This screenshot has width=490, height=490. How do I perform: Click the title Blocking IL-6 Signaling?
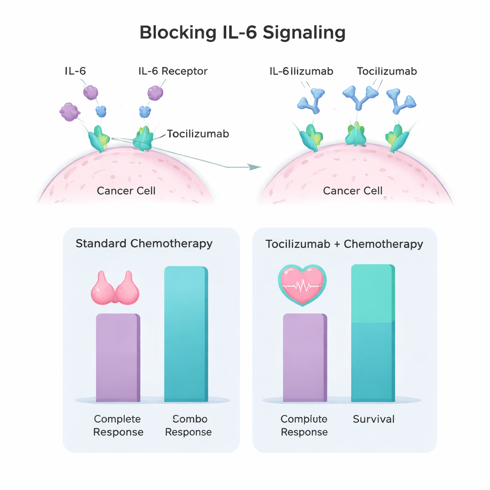242,33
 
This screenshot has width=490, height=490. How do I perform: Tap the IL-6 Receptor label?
173,71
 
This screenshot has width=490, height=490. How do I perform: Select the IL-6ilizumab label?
301,71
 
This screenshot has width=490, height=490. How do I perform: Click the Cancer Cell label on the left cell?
126,191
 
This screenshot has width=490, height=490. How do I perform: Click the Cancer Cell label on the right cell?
353,191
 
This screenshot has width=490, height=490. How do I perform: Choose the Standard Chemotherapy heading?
144,243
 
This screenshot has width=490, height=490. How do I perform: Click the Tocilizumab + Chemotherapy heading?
344,244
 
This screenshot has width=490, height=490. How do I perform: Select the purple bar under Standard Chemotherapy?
118,357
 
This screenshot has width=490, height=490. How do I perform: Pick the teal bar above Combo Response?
186,334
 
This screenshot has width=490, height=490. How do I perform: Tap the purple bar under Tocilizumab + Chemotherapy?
305,357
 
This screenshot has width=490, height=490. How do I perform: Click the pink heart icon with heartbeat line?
302,286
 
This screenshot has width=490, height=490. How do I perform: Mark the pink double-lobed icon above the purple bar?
115,288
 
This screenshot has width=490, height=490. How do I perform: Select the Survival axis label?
374,419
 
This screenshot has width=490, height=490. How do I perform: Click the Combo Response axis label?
188,425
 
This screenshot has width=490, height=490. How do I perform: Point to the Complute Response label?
304,425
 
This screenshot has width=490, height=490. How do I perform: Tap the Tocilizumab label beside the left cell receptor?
198,134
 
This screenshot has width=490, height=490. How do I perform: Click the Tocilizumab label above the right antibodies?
387,71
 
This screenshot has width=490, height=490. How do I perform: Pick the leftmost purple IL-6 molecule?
69,111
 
